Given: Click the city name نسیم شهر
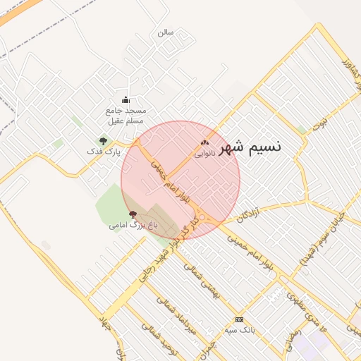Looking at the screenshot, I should point(250,147).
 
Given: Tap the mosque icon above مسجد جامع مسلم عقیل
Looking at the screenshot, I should point(126,99).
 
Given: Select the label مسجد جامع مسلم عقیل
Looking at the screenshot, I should point(126,115).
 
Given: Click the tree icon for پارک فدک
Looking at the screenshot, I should point(104,141).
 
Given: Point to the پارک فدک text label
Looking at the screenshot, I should point(104,152).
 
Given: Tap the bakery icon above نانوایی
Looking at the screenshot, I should point(204,142).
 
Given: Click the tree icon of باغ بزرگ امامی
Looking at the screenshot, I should point(133,214).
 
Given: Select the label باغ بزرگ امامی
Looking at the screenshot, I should point(133,226).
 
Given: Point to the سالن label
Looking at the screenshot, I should point(165,32).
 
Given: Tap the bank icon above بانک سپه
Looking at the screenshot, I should point(238,319).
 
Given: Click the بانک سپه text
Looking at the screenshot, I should point(238,330).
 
